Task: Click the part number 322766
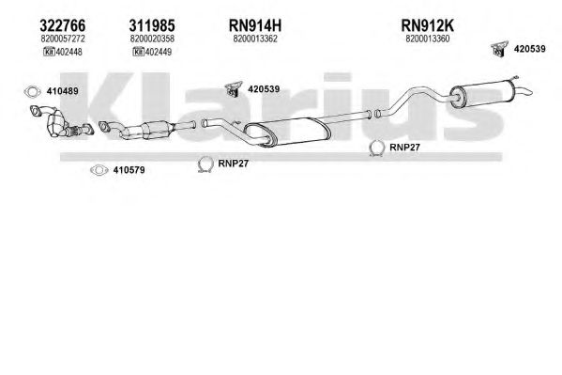[62, 25]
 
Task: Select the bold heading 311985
[152, 25]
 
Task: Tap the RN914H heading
[255, 25]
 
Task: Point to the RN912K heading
[427, 25]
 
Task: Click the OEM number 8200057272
[63, 39]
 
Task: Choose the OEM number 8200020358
[152, 39]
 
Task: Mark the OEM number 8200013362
[255, 39]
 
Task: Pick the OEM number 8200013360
[428, 39]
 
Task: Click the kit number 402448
[68, 52]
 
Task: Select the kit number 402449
[159, 52]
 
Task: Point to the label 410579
[129, 170]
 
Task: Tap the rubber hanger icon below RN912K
[499, 48]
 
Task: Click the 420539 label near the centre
[264, 89]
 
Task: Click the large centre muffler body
[287, 132]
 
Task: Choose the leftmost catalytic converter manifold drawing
[61, 121]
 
